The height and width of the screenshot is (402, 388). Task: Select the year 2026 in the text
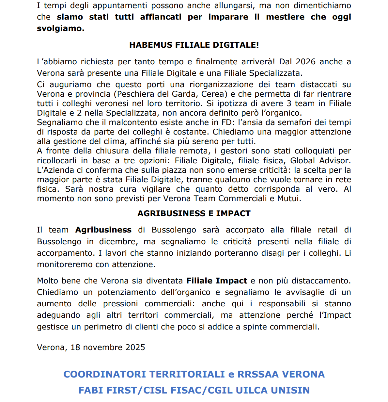point(305,62)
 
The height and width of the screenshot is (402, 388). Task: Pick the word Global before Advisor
point(303,161)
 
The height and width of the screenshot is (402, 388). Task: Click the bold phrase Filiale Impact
point(217,281)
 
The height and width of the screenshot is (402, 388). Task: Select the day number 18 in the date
point(75,347)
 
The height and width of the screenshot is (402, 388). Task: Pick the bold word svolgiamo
point(60,28)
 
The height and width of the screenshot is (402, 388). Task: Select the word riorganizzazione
point(221,85)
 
